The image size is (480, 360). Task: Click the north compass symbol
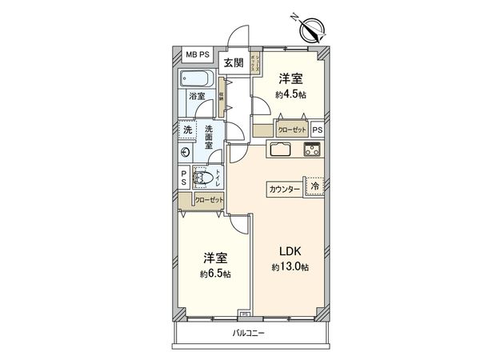[x=311, y=30]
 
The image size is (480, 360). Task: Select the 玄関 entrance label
[x=234, y=63]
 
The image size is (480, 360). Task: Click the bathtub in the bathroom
[x=197, y=81]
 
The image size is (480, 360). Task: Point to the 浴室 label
[x=197, y=98]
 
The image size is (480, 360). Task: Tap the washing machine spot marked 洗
[x=185, y=130]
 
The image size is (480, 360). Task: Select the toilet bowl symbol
[x=205, y=179]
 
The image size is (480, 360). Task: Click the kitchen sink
[x=282, y=149]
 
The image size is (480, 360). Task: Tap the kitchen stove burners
[x=311, y=149]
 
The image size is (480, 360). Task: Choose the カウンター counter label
[x=284, y=189]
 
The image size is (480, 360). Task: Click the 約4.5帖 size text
[x=291, y=94]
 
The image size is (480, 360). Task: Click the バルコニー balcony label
[x=250, y=331]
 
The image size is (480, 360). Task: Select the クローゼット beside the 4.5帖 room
[x=290, y=129]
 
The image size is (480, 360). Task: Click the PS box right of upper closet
[x=318, y=129]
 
